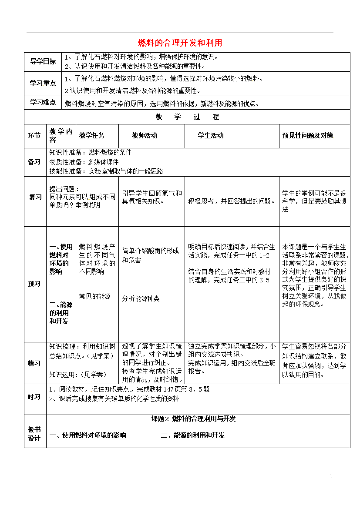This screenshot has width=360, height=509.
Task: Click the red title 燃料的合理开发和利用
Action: point(180,43)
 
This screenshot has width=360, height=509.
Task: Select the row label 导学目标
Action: point(43,61)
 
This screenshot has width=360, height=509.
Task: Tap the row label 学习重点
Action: point(43,83)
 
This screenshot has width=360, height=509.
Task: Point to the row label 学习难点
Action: point(43,103)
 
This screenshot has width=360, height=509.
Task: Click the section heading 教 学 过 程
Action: point(187,117)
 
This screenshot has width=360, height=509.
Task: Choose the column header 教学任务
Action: point(92,135)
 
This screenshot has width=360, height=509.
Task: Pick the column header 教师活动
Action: point(145,135)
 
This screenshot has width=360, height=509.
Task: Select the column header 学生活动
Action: point(211,135)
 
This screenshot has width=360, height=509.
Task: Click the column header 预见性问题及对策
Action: point(308,135)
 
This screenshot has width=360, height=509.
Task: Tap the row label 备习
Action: point(34,162)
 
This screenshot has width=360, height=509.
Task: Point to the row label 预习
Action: point(34,284)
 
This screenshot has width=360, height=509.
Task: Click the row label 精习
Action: point(34,363)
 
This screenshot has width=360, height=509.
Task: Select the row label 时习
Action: point(34,397)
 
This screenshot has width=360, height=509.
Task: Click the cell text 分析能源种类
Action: point(141,298)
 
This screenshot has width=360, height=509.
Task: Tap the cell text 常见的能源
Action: point(94,296)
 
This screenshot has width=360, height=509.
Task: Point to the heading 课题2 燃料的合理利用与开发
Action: point(193,419)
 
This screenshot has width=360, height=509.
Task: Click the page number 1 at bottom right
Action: point(331,476)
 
